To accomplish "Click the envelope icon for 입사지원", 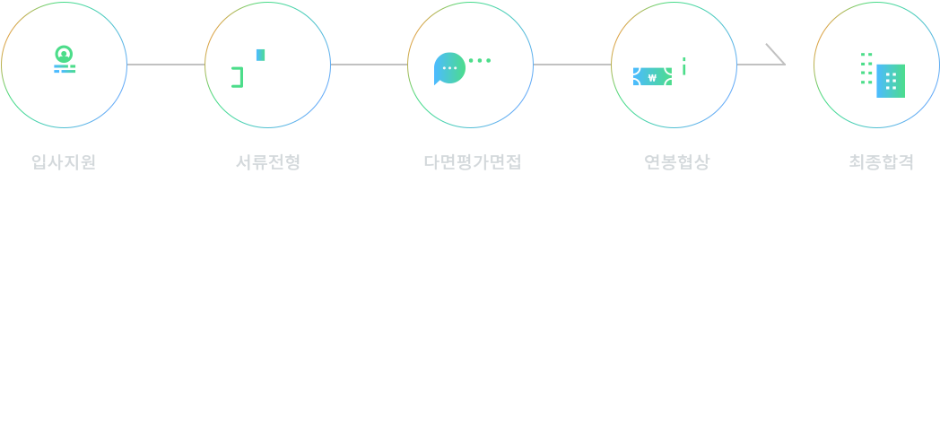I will (x=64, y=65).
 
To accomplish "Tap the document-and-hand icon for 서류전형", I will (x=266, y=65).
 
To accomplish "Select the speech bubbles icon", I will (x=469, y=65).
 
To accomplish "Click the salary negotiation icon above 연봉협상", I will (x=673, y=65).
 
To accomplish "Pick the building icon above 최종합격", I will (x=876, y=65).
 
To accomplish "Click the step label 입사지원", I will (x=64, y=162).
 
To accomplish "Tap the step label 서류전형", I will (x=266, y=162).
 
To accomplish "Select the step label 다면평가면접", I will (x=471, y=162).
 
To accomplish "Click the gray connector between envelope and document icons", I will (x=165, y=54).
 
